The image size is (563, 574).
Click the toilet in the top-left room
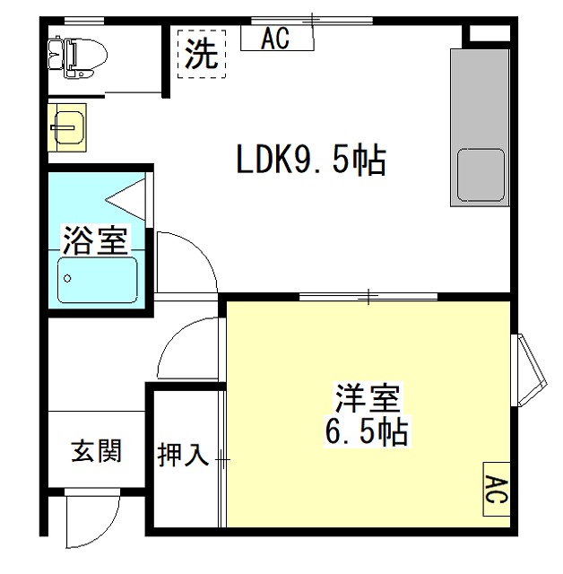pos(79,55)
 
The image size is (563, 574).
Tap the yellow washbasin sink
pos(66,128)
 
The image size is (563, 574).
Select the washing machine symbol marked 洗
pos(202,55)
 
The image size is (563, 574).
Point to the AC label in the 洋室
pos(496,490)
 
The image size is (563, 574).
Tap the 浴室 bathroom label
pos(95,239)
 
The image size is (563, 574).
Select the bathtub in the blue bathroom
pos(97,280)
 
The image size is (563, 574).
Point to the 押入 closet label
pos(184,456)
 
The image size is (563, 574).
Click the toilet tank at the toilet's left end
pos(56,55)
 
